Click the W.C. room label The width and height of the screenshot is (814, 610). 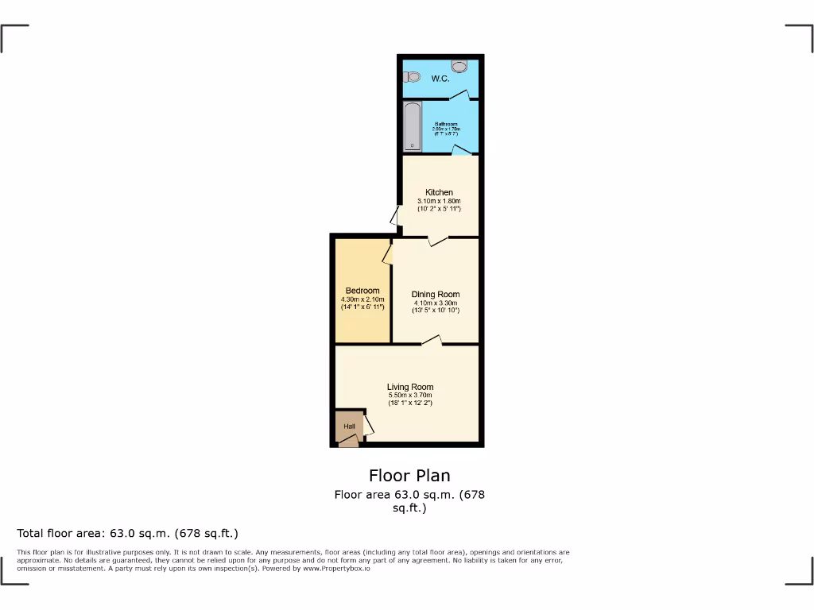tap(440, 79)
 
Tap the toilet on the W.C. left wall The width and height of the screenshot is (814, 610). tap(411, 76)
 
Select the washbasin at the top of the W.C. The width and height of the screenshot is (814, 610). tap(459, 65)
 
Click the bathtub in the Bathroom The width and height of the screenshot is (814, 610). tap(412, 125)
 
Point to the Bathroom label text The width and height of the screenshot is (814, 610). tap(446, 125)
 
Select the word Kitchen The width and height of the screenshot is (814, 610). tap(440, 192)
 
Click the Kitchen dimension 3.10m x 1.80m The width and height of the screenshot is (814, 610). tap(440, 201)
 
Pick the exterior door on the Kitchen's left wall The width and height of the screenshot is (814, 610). tap(396, 216)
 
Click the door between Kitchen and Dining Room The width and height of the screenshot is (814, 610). tap(437, 239)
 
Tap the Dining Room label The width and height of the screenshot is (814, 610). tap(436, 295)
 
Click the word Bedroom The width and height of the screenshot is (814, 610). tap(362, 291)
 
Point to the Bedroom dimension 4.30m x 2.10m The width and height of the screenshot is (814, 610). tap(362, 299)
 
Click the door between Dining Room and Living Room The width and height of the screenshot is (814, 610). tap(432, 342)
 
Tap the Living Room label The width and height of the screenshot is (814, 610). tap(410, 387)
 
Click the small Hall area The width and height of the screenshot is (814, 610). tap(349, 427)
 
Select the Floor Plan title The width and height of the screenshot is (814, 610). tap(409, 476)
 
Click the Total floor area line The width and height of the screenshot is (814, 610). tap(128, 533)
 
